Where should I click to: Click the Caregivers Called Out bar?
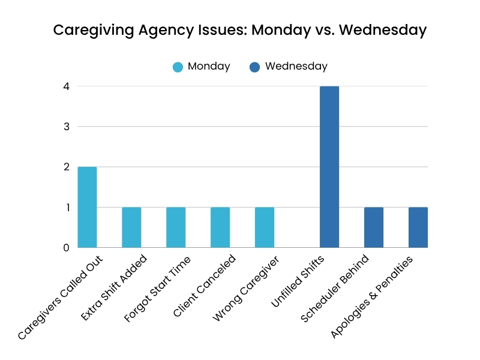pyautogui.click(x=87, y=207)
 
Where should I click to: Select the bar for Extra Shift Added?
pyautogui.click(x=131, y=227)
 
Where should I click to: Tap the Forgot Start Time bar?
pyautogui.click(x=176, y=227)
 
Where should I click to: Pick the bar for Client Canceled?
pyautogui.click(x=220, y=227)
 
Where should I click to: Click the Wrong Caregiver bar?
pyautogui.click(x=265, y=227)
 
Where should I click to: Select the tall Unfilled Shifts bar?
pyautogui.click(x=329, y=167)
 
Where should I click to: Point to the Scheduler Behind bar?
pyautogui.click(x=374, y=227)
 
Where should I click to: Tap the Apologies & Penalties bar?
pyautogui.click(x=418, y=227)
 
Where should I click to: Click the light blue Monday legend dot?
pyautogui.click(x=178, y=67)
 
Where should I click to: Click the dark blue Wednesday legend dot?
pyautogui.click(x=254, y=67)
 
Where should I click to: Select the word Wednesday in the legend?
pyautogui.click(x=296, y=67)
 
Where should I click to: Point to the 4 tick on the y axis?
pyautogui.click(x=66, y=86)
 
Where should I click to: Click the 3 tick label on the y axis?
pyautogui.click(x=66, y=127)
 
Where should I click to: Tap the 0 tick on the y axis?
pyautogui.click(x=66, y=247)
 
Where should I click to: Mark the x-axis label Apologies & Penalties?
pyautogui.click(x=373, y=297)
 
